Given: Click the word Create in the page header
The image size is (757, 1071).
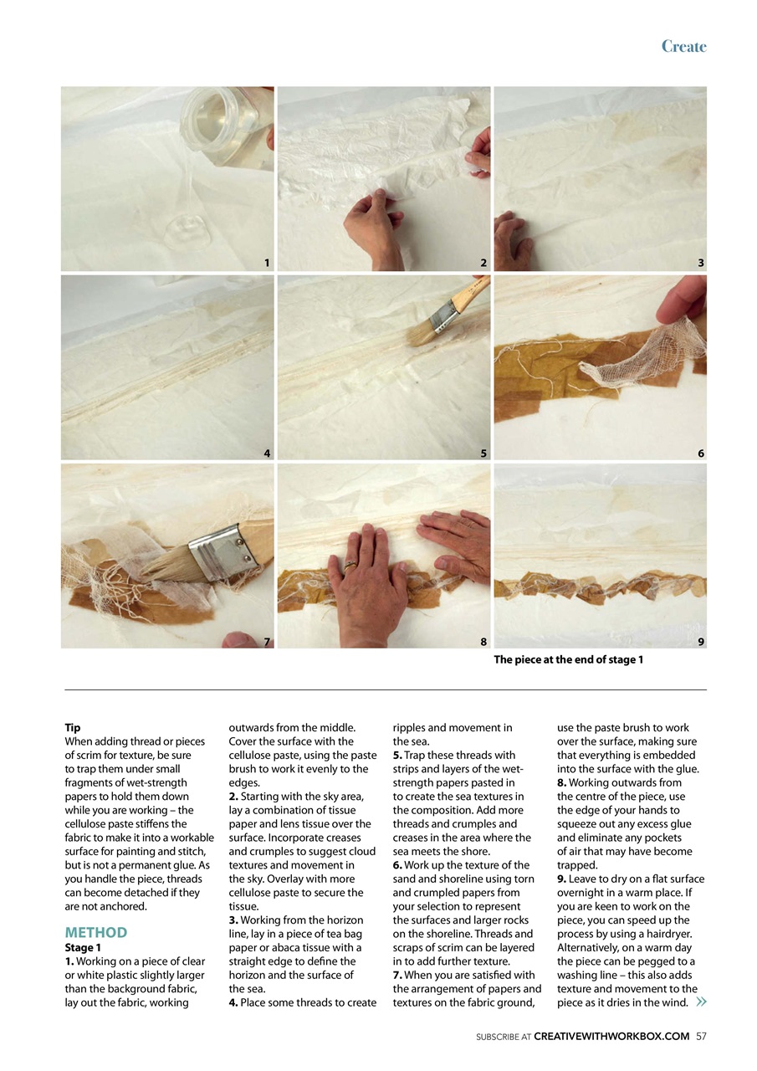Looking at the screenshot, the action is tap(683, 46).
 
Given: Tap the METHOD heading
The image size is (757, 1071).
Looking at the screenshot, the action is tap(96, 932).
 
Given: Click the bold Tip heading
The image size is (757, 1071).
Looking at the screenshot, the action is tap(73, 728).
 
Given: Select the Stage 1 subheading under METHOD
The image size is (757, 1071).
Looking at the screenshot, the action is tap(83, 947).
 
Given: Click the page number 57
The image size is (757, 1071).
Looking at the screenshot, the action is tap(701, 1036).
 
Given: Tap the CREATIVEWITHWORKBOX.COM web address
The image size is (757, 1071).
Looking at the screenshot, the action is tap(611, 1036).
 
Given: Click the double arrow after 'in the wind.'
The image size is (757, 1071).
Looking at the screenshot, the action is tap(701, 1002).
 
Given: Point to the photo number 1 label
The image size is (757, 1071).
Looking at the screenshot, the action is tap(267, 263).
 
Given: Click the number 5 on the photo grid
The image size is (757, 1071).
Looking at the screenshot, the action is tap(483, 454).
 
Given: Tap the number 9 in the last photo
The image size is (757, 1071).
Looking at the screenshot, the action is tap(701, 642).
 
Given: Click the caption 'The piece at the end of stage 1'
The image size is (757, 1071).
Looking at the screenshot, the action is tap(568, 660).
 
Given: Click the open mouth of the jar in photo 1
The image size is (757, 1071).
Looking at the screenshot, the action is tap(206, 115).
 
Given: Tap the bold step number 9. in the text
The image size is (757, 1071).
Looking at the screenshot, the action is tap(561, 879).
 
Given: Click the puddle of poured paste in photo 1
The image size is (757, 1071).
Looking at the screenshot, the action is tap(187, 232).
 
